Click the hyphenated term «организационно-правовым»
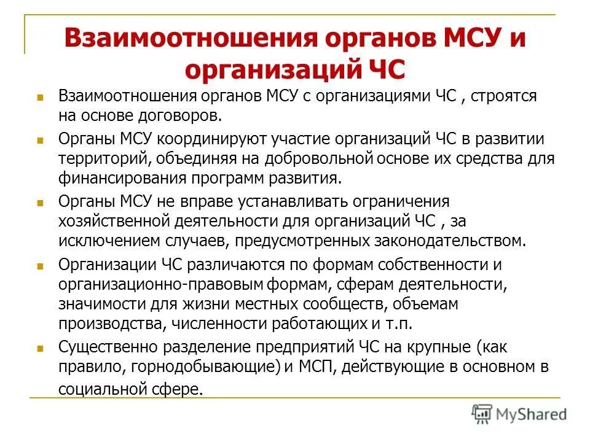162,285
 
